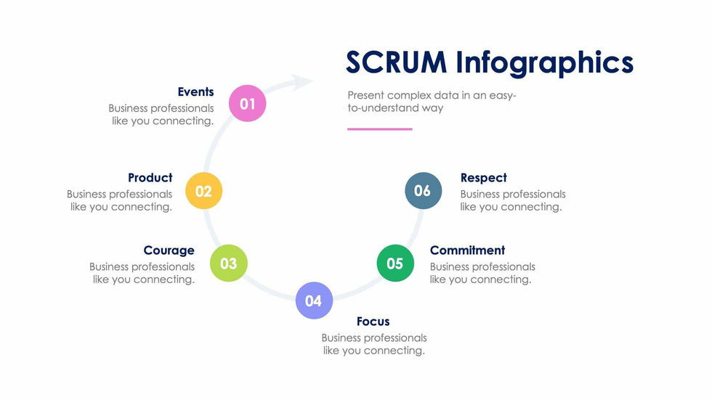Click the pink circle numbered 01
(248, 103)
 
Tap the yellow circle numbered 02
(203, 191)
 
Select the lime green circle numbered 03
(228, 263)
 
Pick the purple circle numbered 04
(314, 300)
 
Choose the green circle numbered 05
(395, 263)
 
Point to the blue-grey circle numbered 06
(423, 191)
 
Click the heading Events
(195, 91)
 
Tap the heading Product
(150, 178)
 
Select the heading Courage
(169, 250)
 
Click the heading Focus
(373, 322)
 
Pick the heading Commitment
(467, 250)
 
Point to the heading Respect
(483, 178)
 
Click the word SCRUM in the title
(396, 62)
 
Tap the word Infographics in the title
(545, 62)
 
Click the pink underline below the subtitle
(379, 129)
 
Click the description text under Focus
(374, 344)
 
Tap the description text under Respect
(512, 200)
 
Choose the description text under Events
(162, 115)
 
